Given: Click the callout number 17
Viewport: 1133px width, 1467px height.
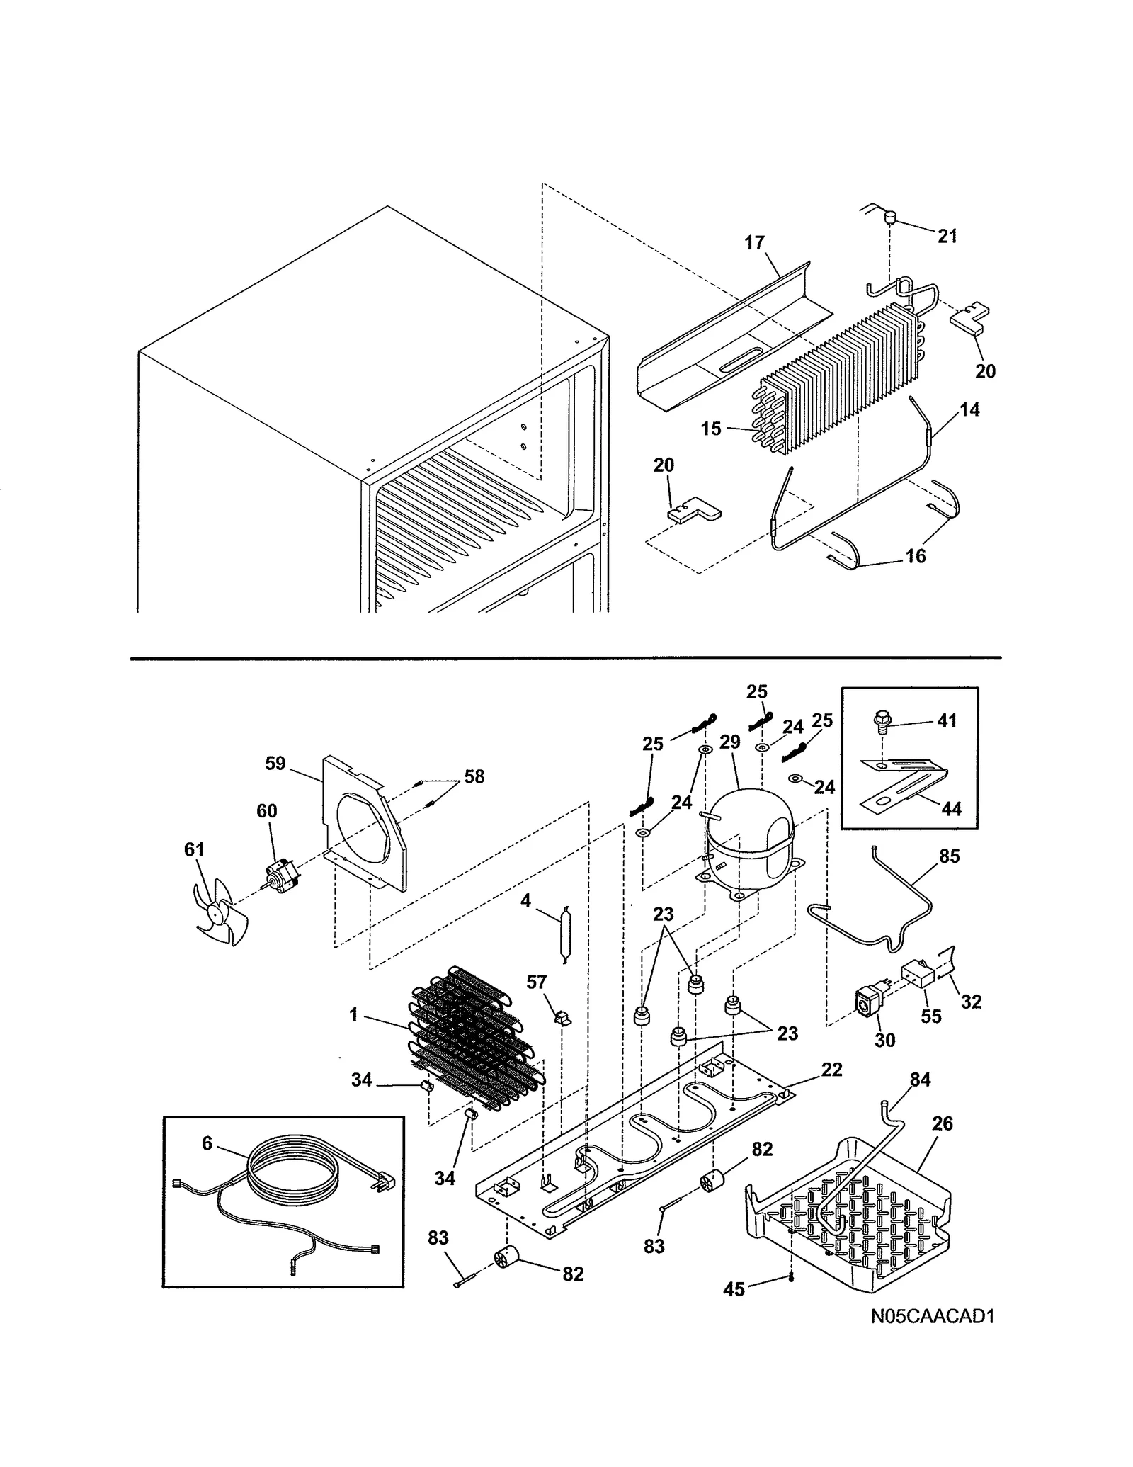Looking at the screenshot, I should [x=754, y=243].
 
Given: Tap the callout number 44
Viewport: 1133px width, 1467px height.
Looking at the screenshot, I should [x=952, y=808].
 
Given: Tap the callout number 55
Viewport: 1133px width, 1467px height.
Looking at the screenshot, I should [x=930, y=1016].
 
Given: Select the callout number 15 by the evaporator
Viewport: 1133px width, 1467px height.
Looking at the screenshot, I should [x=711, y=429].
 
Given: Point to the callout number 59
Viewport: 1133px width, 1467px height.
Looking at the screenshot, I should [x=275, y=763].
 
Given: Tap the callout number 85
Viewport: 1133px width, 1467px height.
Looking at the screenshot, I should [x=949, y=856].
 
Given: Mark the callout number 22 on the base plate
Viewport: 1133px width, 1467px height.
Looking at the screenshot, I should [x=831, y=1070].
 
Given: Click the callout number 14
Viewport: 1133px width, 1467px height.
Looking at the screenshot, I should [x=969, y=409].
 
